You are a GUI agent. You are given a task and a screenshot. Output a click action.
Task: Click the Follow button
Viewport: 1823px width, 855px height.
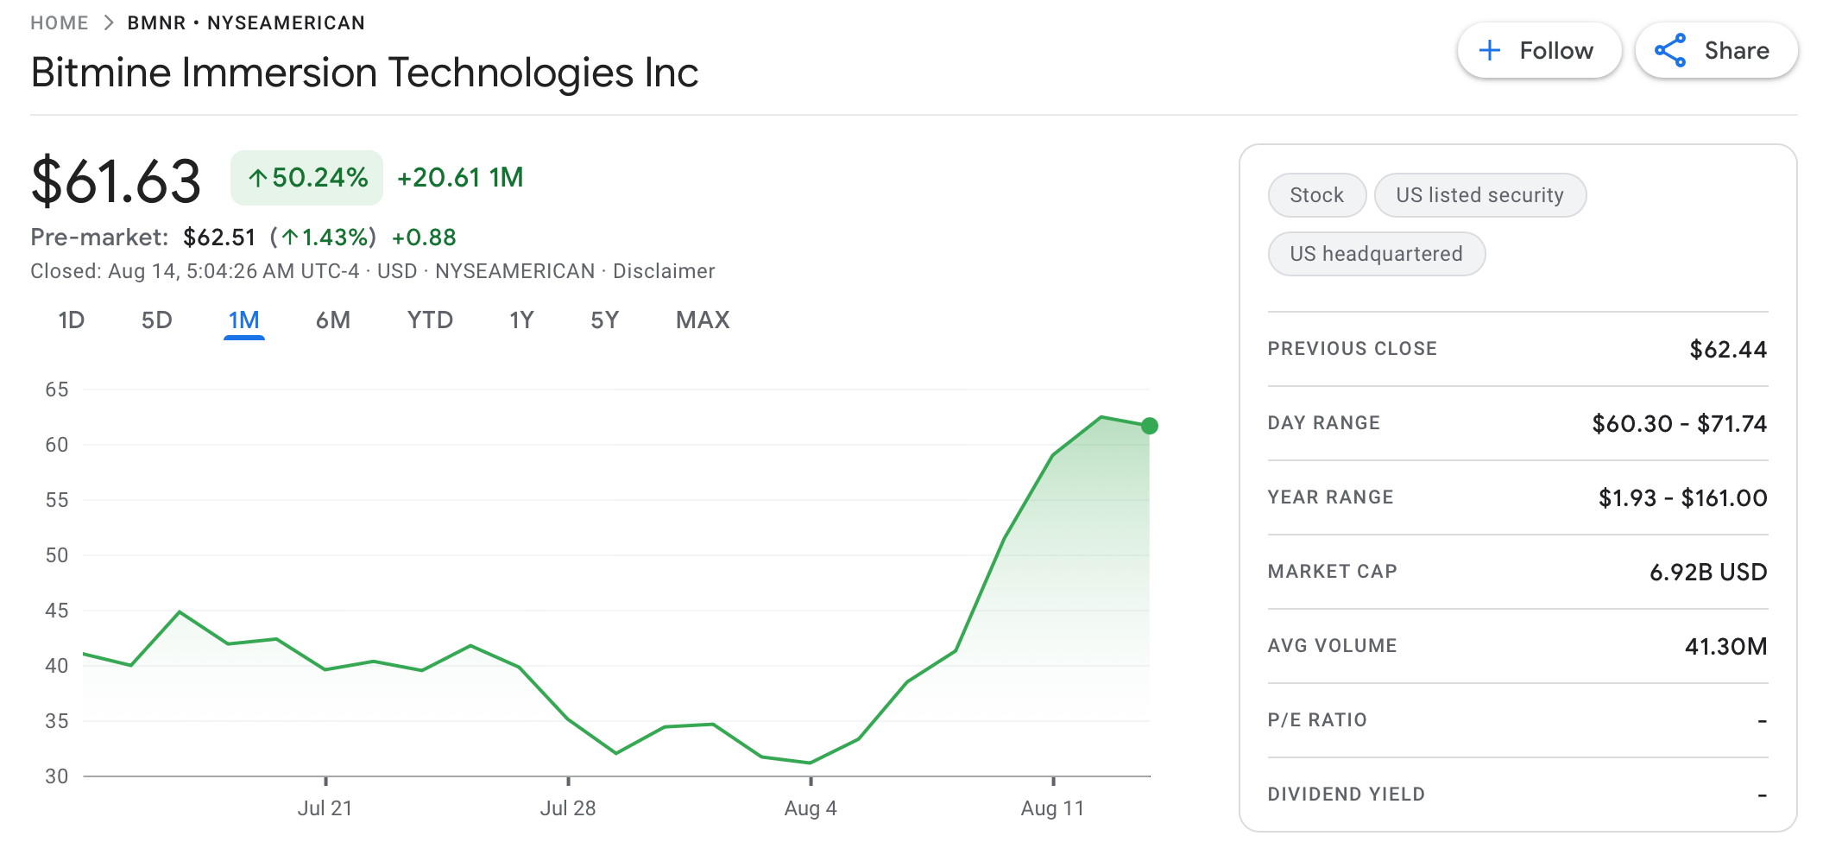coord(1538,51)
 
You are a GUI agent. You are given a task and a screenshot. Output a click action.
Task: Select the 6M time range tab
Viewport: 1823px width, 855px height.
coord(332,320)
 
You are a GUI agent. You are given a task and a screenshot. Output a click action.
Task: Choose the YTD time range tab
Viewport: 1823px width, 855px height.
coord(430,320)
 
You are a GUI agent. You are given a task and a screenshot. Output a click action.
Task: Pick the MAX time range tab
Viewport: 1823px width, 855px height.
coord(703,320)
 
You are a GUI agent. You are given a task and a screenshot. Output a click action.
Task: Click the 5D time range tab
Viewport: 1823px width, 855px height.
coord(156,320)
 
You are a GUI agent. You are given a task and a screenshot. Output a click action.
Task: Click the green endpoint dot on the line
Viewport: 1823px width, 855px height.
coord(1149,426)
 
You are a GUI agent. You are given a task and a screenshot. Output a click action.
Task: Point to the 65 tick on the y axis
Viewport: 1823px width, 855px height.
coord(57,389)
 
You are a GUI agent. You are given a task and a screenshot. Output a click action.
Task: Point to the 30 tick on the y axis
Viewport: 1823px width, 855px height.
coord(57,776)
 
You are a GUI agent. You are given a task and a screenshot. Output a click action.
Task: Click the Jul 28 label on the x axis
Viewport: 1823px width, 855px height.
coord(567,808)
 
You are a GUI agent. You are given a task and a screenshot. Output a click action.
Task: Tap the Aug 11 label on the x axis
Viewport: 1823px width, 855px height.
coord(1051,808)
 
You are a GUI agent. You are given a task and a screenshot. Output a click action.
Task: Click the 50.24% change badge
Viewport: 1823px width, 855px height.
coord(306,178)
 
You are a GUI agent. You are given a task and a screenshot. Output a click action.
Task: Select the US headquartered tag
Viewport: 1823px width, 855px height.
coord(1376,254)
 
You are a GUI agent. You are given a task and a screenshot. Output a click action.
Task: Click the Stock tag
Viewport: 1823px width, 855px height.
coord(1316,195)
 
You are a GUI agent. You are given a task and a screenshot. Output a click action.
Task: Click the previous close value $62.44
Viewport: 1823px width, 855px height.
coord(1727,350)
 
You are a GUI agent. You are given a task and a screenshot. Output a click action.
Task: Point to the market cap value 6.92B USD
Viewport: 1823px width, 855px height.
coord(1707,572)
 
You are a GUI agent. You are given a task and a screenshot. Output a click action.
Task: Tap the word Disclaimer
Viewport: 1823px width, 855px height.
coord(664,271)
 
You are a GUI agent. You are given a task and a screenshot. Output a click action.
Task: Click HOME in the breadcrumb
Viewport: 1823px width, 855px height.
coord(60,23)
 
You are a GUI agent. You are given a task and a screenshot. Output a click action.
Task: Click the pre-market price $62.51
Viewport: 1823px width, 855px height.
coord(219,237)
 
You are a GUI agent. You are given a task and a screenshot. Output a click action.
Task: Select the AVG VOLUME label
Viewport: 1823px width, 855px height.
coord(1332,646)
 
